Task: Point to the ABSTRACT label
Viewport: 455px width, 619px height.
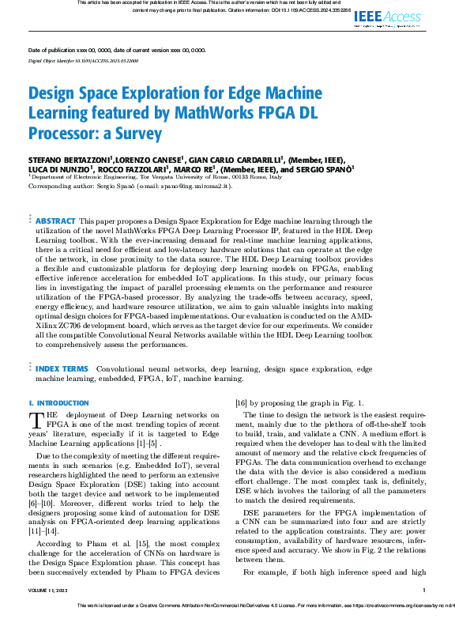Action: [56, 220]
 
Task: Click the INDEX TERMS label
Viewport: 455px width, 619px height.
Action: [62, 368]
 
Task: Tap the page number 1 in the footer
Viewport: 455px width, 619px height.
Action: [424, 591]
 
